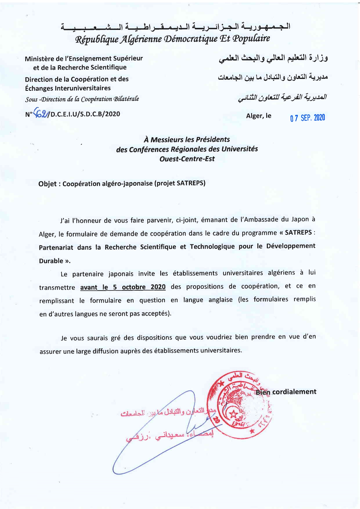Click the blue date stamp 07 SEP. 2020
click(307, 118)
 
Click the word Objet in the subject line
click(47, 184)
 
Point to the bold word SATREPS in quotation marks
click(298, 233)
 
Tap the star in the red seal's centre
click(233, 415)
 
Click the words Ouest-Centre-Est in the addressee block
click(187, 159)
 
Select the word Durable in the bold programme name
click(51, 261)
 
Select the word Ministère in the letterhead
click(39, 59)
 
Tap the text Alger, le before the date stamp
click(259, 116)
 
